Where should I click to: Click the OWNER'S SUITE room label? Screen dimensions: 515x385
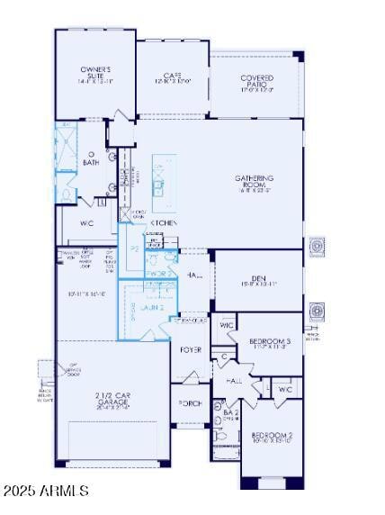pos(94,75)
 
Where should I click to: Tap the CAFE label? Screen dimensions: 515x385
pos(173,78)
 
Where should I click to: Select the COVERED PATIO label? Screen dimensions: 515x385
pos(256,84)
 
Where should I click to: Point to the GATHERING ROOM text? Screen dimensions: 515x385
pos(255,184)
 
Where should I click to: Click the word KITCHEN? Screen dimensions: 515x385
pos(163,222)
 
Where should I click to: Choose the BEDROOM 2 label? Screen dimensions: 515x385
pos(272,439)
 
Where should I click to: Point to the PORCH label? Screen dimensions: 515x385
pos(191,403)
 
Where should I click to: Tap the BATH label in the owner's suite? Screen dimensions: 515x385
pos(91,163)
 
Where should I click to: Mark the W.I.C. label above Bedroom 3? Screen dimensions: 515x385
pos(227,325)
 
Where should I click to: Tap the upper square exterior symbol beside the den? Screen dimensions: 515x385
pos(317,246)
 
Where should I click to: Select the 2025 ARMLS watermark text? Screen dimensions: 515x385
pos(46,491)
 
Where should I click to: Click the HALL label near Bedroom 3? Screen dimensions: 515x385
pos(236,382)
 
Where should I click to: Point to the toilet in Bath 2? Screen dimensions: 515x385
pos(219,438)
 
